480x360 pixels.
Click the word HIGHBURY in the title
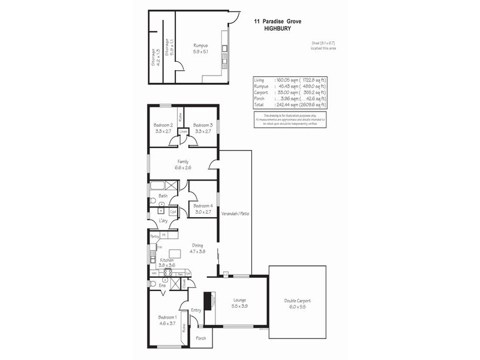pos(277,28)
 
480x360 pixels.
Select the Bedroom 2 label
pos(163,125)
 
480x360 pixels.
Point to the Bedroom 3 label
pos(202,125)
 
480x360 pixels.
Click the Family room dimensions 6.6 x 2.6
pos(184,167)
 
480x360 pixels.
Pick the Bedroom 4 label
pos(202,205)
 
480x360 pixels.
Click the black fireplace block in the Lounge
pos(208,301)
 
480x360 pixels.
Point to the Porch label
pos(202,338)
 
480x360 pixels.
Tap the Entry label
pos(196,310)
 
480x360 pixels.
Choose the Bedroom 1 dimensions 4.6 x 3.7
pos(167,323)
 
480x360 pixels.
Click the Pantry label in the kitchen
pos(155,236)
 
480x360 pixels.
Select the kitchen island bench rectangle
pos(175,253)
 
